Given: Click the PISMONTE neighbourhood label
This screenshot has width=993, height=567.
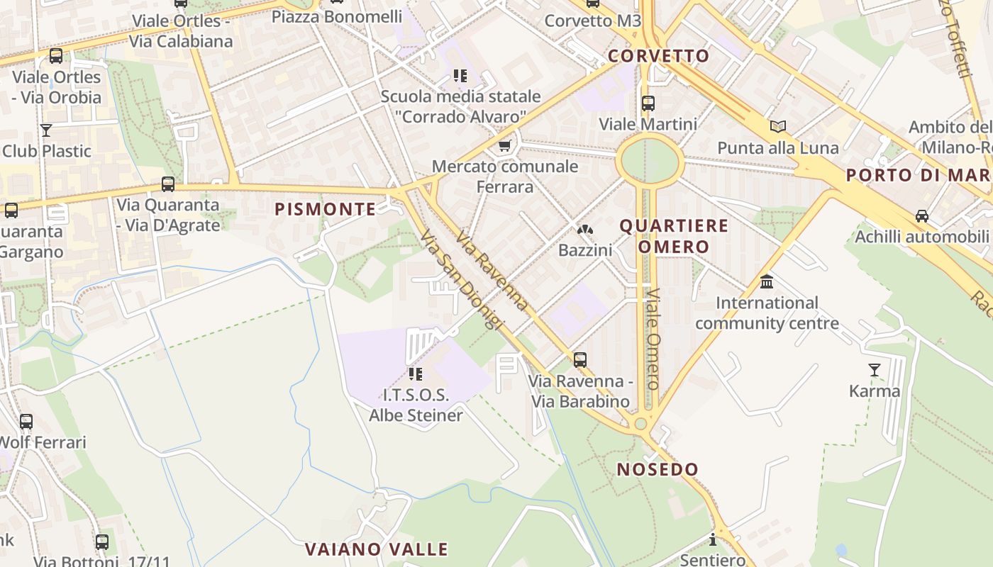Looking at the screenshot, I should click(325, 209).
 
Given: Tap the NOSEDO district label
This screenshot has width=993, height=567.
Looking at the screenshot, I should click(658, 469).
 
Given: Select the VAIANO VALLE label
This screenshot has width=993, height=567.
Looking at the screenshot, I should click(377, 549).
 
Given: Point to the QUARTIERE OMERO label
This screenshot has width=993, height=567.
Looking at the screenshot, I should click(674, 236).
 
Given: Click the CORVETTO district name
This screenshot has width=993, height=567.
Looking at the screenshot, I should click(659, 56).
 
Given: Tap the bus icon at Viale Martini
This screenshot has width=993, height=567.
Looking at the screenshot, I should click(648, 103).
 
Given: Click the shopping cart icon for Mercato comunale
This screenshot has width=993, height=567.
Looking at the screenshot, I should click(504, 146).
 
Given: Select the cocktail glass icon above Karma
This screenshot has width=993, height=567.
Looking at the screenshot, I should click(874, 370).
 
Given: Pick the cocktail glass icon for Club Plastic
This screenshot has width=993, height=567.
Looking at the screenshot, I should click(46, 130).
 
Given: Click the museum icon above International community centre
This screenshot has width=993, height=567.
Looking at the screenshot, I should click(767, 282).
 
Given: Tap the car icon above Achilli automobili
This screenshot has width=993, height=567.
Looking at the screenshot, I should click(921, 215).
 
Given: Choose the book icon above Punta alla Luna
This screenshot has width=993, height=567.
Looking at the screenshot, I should click(778, 127).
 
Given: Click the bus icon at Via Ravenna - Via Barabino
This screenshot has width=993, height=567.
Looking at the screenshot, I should click(580, 360).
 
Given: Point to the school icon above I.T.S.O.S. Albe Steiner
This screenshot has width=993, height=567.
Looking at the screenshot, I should click(416, 374).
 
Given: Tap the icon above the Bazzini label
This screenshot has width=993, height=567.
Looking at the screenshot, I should click(584, 230).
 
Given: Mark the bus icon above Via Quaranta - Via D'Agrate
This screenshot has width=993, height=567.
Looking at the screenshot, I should click(168, 184).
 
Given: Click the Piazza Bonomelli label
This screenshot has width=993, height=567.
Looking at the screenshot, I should click(337, 16).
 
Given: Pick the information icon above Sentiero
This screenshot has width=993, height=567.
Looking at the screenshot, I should click(713, 540).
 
